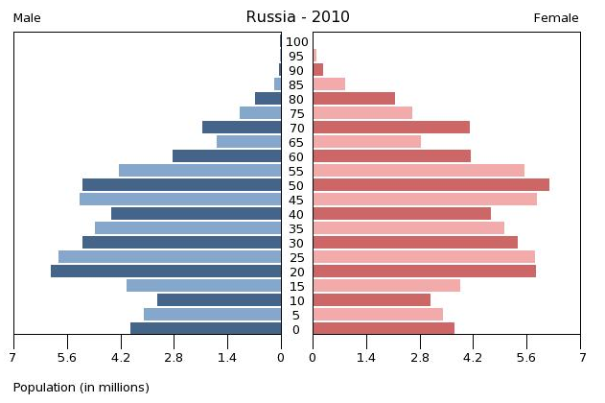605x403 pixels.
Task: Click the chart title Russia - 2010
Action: coord(297,16)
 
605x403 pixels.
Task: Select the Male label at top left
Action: coord(27,18)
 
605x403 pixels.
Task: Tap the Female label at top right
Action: coord(555,18)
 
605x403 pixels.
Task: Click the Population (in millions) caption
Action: coord(81,388)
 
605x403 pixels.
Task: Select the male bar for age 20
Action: coord(166,272)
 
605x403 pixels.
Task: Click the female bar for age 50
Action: coord(430,184)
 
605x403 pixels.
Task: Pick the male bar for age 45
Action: coord(180,200)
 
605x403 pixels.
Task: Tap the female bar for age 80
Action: coord(354,98)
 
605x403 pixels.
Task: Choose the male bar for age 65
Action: coord(248,142)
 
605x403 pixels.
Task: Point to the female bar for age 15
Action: coord(386,286)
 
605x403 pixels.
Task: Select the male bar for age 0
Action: coord(205,329)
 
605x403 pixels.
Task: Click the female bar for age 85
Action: coord(329,83)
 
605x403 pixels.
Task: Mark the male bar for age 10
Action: coord(219,300)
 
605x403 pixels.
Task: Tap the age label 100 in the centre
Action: coord(297,41)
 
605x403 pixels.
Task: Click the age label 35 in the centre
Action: coord(297,228)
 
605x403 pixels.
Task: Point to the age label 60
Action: coord(297,156)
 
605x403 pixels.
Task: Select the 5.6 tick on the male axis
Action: coord(66,358)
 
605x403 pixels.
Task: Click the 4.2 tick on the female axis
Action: coord(474,358)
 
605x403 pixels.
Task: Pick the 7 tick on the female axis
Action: coord(581,358)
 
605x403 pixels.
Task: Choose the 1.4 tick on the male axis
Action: coord(227,358)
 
